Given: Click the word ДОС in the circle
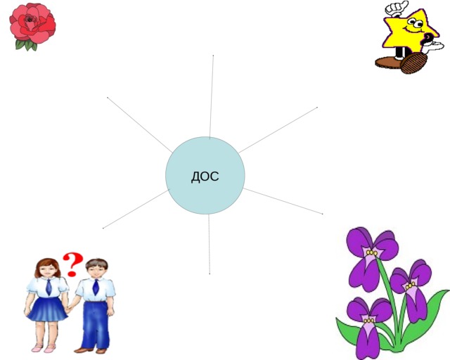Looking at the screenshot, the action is coord(205,176).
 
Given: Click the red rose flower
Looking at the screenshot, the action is coord(32,25).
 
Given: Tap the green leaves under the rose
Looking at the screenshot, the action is coord(27,45).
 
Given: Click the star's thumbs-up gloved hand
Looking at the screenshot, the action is coord(397,8).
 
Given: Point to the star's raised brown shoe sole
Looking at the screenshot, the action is coord(413,63).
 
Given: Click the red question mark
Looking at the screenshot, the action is coord(72,264).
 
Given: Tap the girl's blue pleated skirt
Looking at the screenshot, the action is coord(47,309).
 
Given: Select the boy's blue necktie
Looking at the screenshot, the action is coord(96,287).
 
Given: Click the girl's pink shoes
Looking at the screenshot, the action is coord(44,348).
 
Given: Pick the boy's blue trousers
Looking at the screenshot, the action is coord(96,325).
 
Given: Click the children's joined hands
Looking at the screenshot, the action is coord(69,309).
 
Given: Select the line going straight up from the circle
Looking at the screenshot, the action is coord(212,97).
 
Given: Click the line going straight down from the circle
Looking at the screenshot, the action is coord(210,244).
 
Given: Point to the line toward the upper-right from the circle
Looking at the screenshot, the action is coord(278,130).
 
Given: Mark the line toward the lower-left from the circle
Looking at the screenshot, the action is coord(136,209).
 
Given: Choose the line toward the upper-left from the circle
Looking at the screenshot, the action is coord(140,125).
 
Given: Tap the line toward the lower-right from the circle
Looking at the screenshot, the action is coord(283,201).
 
